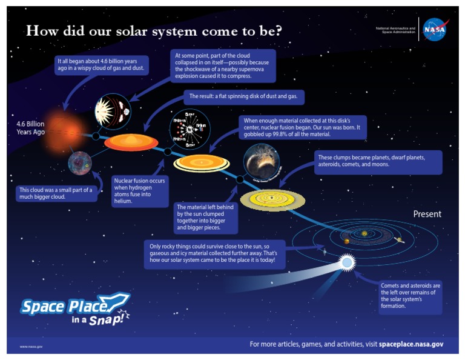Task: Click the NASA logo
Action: [435, 29]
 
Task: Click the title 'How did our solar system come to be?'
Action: [154, 31]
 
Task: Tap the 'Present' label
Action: [427, 214]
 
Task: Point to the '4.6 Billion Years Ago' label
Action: [31, 128]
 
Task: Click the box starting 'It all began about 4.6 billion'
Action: [105, 65]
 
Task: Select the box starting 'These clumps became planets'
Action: [378, 161]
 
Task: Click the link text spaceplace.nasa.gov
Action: [411, 344]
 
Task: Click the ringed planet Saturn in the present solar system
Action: [400, 241]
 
